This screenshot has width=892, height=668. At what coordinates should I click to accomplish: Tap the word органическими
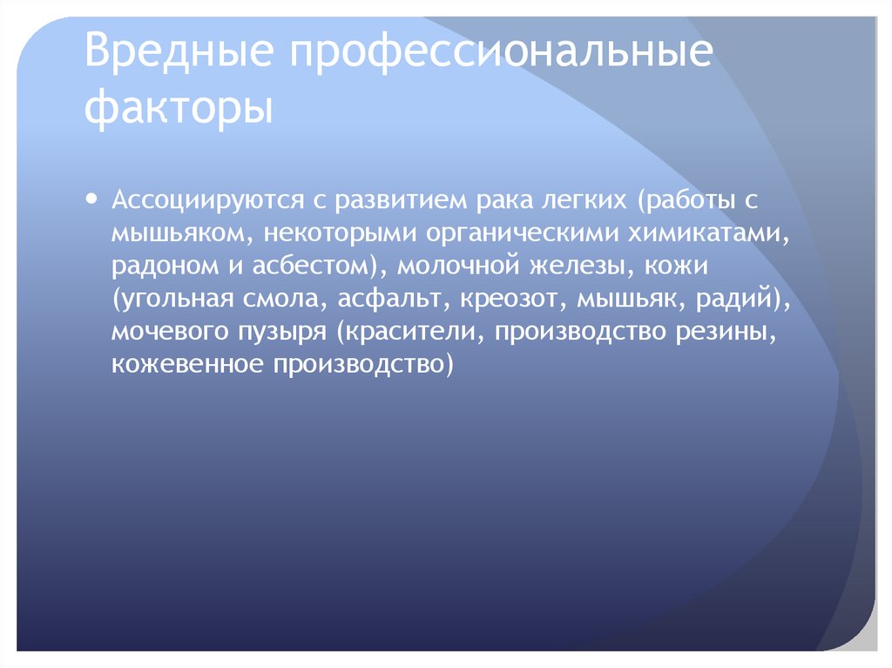tap(501, 233)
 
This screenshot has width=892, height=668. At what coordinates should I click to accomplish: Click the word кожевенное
tap(186, 363)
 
